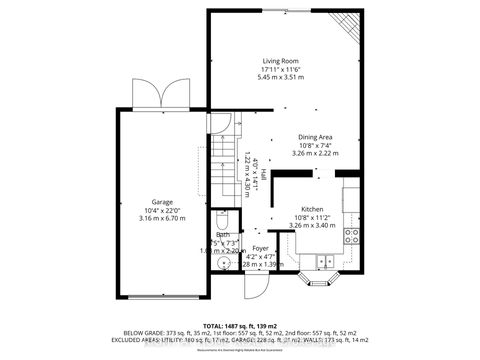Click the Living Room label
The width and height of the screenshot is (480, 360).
[281, 61]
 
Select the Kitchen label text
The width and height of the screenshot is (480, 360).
[313, 210]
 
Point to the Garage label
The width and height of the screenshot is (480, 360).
[162, 201]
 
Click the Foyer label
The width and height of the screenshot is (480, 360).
[260, 247]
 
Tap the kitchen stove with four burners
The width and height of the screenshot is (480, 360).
[352, 236]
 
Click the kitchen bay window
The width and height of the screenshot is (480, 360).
[321, 285]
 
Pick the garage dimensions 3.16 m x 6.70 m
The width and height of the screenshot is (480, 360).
[162, 217]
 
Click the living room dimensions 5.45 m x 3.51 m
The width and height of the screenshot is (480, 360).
[281, 77]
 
